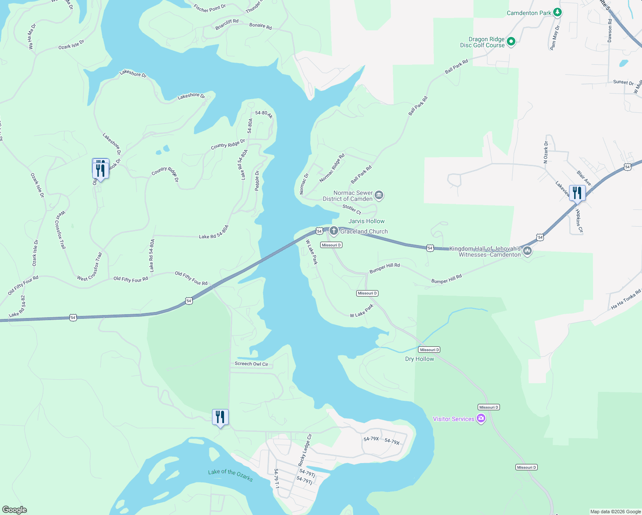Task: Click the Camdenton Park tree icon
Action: [557, 12]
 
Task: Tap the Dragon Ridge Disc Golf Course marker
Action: [511, 42]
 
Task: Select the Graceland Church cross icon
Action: [333, 231]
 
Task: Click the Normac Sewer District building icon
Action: [379, 195]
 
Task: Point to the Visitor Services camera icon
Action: [481, 418]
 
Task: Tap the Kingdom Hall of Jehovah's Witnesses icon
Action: [527, 251]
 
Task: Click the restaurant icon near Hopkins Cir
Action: [577, 193]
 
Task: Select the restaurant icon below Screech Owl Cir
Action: [220, 417]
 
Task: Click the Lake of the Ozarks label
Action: [230, 475]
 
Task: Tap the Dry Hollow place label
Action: [419, 359]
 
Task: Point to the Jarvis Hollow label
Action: [366, 221]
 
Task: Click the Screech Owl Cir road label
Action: [251, 364]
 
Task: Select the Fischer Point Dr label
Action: [209, 8]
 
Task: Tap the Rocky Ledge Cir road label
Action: [305, 450]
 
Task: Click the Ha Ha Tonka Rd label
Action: [626, 299]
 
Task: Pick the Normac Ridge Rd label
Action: [332, 168]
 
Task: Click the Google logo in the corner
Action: [14, 509]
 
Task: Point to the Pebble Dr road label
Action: [257, 181]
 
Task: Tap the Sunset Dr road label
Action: [623, 82]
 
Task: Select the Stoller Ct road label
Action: [351, 209]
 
